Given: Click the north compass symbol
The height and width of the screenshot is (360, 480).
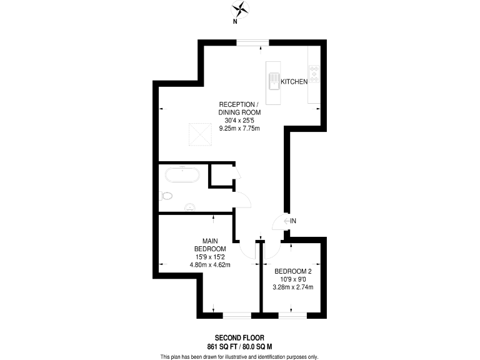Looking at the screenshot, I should point(239,9).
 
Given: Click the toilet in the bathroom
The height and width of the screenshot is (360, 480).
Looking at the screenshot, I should point(166,196).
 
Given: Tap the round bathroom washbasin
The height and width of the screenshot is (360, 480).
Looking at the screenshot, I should point(190,207).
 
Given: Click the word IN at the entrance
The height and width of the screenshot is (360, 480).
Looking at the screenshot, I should point(292,221).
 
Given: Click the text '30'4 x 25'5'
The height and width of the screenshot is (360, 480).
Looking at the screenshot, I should point(239,120).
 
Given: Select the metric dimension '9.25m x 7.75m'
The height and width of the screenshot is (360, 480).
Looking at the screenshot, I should point(239,128).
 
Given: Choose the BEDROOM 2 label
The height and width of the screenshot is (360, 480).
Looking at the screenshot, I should point(293,271).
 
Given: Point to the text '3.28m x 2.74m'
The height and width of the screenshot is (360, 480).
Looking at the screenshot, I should point(293,287).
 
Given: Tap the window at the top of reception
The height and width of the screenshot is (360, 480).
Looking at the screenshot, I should point(252,42).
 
